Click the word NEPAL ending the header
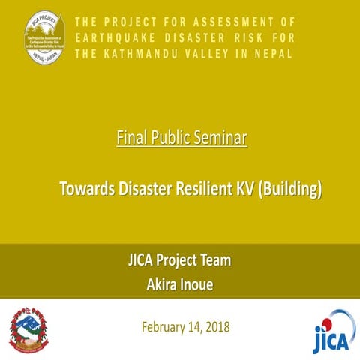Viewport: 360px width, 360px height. (274, 55)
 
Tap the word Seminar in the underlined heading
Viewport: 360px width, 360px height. (217, 139)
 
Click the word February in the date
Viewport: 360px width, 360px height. (163, 328)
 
